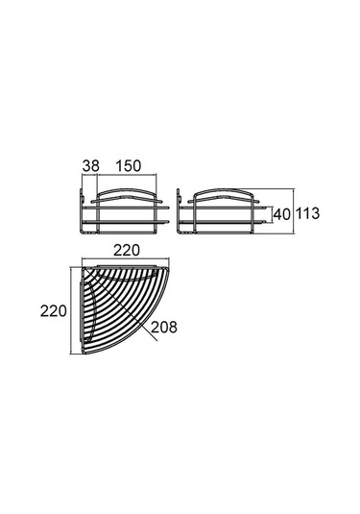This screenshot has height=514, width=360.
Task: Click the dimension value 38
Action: tap(91, 166)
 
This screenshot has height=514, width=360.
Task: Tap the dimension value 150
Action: tap(128, 166)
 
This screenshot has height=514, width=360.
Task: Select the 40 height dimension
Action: tap(282, 214)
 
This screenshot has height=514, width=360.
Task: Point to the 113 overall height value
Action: tap(307, 213)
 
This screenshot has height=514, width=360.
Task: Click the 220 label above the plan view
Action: tap(127, 251)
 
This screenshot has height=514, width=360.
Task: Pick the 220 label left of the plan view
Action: tap(54, 310)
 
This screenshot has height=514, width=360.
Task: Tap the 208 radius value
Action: tap(164, 327)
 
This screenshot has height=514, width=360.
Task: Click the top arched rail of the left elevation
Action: tap(127, 190)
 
